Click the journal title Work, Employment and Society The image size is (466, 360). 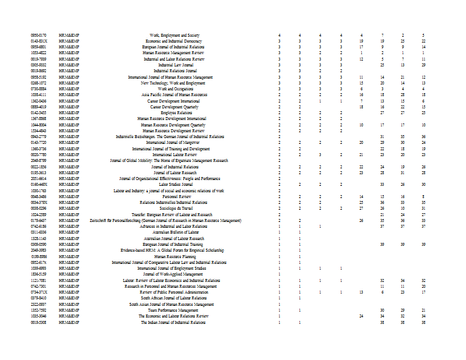[x=174, y=35]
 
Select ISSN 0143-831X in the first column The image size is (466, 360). [x=38, y=41]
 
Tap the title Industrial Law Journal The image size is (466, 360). [x=174, y=65]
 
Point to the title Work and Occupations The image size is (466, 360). [x=174, y=89]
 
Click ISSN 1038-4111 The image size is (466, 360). [x=38, y=95]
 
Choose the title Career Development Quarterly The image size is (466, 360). [x=174, y=107]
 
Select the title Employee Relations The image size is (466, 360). [x=174, y=113]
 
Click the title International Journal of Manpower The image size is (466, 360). [x=174, y=143]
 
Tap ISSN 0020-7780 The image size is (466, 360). [x=38, y=155]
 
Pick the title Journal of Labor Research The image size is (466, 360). [x=174, y=173]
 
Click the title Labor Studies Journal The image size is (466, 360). [x=174, y=185]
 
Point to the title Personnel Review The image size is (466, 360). [x=174, y=197]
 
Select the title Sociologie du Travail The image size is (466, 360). [x=174, y=209]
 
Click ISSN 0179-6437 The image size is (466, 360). [x=38, y=221]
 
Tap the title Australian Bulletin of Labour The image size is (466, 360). [x=174, y=232]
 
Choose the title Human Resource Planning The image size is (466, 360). [x=174, y=256]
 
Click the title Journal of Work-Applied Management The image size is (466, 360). [x=174, y=274]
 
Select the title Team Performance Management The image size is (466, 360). [x=174, y=310]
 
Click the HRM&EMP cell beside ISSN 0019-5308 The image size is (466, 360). [x=69, y=322]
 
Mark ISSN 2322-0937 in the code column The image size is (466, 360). [x=38, y=304]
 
